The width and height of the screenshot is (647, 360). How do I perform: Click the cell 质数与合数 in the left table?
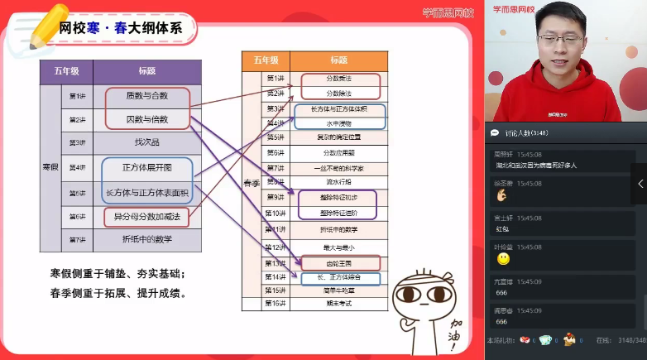coord(146,96)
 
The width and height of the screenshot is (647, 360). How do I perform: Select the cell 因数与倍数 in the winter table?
coord(146,119)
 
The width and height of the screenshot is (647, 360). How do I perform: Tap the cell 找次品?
coord(146,142)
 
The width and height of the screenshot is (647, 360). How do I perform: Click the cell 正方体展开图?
coord(146,167)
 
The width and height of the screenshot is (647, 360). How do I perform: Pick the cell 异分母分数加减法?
coord(146,216)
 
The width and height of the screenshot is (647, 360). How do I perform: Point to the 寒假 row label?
coord(50,167)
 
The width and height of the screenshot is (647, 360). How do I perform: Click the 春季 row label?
coord(252,183)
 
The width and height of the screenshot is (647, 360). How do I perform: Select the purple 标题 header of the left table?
coord(146,71)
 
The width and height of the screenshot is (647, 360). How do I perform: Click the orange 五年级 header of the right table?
coord(265,60)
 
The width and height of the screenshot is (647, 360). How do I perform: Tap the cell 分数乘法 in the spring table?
coord(338,79)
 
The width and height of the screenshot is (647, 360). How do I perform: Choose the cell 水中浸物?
coord(338,123)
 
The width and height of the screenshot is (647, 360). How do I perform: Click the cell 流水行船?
coord(338,182)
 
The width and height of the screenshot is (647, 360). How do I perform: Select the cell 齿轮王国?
coord(338,262)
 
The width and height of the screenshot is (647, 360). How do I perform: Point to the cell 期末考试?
coord(338,305)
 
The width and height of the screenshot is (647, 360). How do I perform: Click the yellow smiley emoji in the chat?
coord(503,259)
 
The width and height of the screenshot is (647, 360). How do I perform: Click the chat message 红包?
coord(502,228)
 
